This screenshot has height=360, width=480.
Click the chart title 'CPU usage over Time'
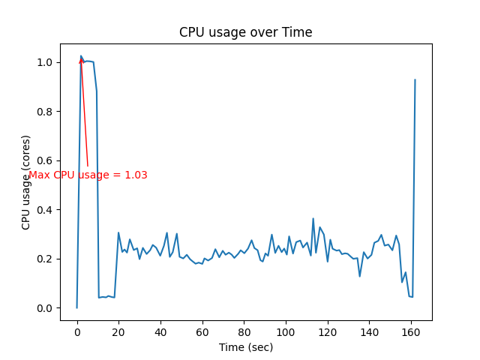[x=245, y=32]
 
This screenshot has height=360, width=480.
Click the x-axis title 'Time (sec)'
[x=245, y=347]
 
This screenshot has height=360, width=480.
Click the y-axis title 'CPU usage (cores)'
[x=26, y=182]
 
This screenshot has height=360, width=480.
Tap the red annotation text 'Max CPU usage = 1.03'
[x=88, y=175]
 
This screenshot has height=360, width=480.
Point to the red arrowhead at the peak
[x=81, y=58]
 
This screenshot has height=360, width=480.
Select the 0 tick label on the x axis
[x=76, y=331]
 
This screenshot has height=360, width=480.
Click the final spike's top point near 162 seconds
[x=415, y=79]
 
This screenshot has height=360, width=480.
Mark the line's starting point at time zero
[x=76, y=307]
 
